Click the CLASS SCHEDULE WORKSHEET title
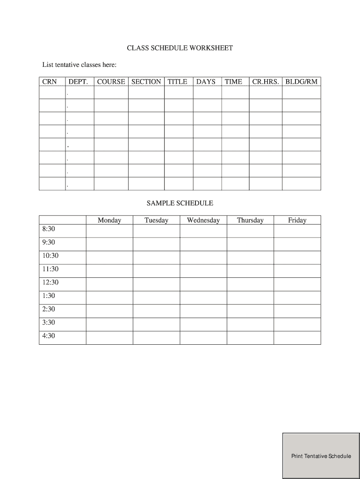point(180,48)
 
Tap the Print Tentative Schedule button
point(321,456)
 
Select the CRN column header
point(50,81)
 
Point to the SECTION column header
point(146,81)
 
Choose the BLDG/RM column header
point(301,81)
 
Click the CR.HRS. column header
point(266,81)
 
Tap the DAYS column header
point(206,81)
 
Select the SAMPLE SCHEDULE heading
point(180,203)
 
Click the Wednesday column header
point(203,220)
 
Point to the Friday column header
point(297,220)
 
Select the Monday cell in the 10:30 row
point(109,258)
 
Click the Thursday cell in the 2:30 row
point(250,311)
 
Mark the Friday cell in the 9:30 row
point(297,244)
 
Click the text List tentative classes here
point(79,64)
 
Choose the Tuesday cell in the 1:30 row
point(156,298)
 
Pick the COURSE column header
point(111,81)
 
